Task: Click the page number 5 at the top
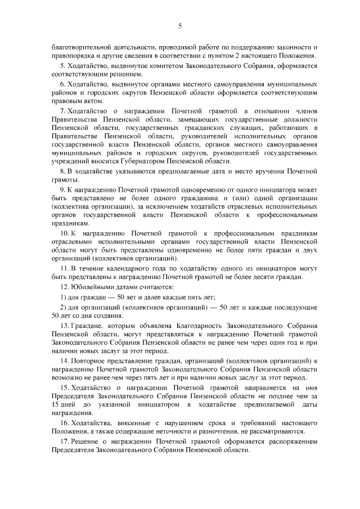[179, 25]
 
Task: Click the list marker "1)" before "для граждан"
[63, 298]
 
